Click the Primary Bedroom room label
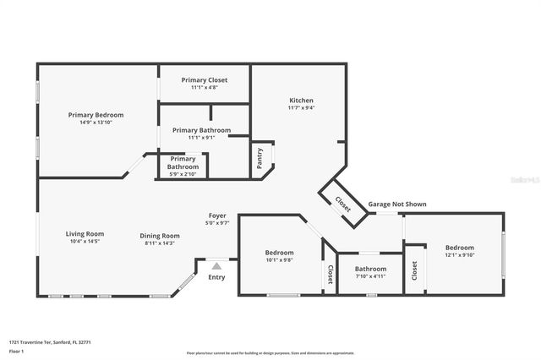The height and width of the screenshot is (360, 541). (96, 115)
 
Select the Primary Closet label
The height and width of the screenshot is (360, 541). (205, 79)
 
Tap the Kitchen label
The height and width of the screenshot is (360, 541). (301, 100)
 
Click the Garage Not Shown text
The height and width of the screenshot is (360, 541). (396, 204)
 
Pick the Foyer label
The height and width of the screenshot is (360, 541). (218, 215)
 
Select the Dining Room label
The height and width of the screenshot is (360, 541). (160, 236)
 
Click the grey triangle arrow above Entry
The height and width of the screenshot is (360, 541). (216, 265)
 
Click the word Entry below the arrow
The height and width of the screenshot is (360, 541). (216, 277)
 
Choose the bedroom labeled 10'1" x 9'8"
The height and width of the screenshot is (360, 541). (279, 253)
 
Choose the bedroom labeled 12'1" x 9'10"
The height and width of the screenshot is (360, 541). (460, 248)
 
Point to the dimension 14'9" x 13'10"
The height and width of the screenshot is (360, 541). (96, 123)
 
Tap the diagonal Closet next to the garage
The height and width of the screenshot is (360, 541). (342, 204)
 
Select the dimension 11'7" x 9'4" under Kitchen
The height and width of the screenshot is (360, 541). (301, 107)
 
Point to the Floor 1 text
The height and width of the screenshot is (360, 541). (17, 351)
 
